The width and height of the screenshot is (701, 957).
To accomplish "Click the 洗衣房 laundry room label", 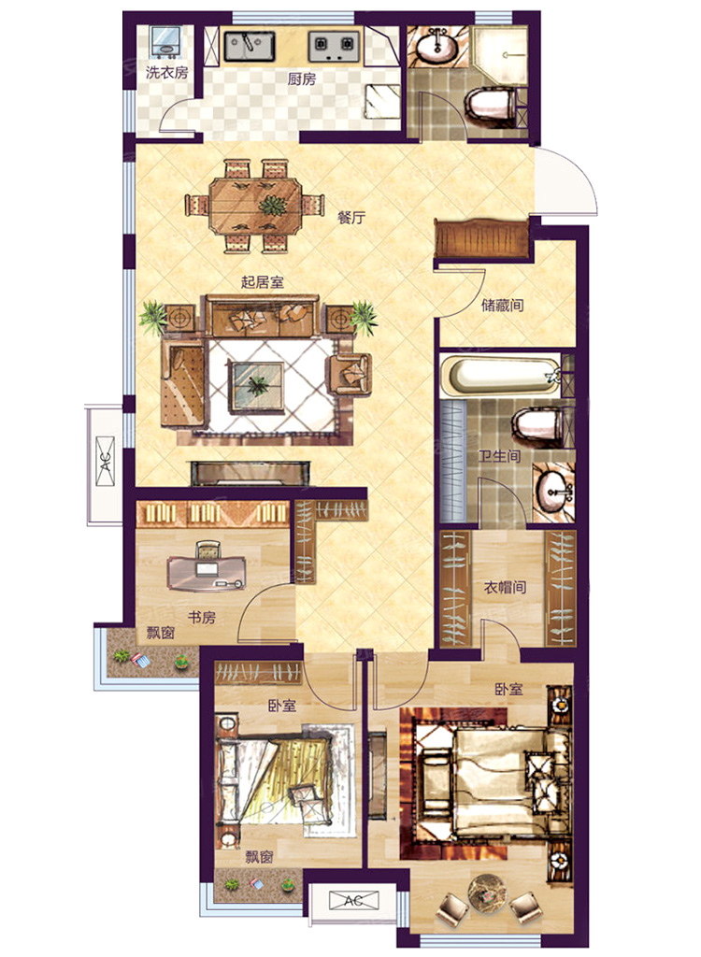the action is point(166,73).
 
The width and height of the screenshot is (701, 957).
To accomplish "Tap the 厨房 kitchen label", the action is point(302,79).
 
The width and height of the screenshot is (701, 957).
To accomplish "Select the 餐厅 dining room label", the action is point(351,217).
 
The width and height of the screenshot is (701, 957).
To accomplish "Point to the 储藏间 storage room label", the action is point(503,305).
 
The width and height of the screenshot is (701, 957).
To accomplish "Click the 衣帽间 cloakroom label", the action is point(505,587).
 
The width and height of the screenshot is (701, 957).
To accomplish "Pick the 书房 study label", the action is point(202,618).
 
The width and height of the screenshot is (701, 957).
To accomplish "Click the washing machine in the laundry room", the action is point(165,42).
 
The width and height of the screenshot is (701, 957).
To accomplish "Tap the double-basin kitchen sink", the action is point(250,46).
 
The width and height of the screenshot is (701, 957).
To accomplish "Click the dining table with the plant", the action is point(255,205).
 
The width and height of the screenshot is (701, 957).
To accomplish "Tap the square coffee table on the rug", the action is point(256,386).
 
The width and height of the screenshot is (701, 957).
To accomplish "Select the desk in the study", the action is point(206,573).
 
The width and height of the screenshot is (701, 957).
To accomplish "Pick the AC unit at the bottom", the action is point(354,900).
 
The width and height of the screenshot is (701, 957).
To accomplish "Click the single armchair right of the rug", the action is point(350,373).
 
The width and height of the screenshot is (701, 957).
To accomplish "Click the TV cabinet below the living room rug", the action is point(250,473).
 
